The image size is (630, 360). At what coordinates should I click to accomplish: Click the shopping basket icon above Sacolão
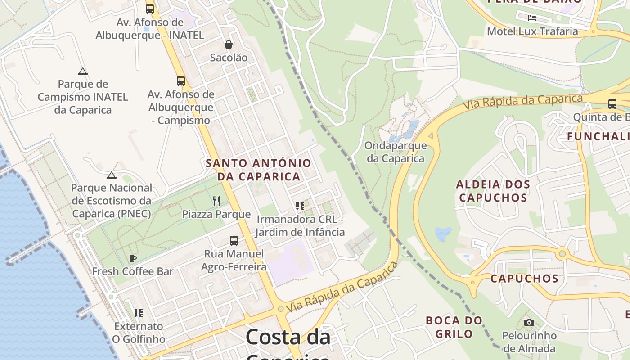pyautogui.click(x=229, y=45)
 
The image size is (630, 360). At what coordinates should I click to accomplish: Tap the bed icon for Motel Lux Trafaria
pyautogui.click(x=532, y=18)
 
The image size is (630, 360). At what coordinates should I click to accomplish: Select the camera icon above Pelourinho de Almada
pyautogui.click(x=529, y=322)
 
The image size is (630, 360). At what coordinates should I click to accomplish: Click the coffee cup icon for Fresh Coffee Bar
pyautogui.click(x=132, y=258)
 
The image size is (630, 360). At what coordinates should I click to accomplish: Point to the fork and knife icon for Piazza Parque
pyautogui.click(x=216, y=201)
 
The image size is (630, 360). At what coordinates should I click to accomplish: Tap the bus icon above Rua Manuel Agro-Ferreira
pyautogui.click(x=234, y=241)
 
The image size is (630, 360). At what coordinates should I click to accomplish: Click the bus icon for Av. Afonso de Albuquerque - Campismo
pyautogui.click(x=180, y=81)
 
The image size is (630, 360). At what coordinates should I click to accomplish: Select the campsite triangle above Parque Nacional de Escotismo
pyautogui.click(x=112, y=175)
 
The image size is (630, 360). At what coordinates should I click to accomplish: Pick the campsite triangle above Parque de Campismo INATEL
pyautogui.click(x=82, y=71)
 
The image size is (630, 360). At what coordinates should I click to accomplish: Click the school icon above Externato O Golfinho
pyautogui.click(x=139, y=313)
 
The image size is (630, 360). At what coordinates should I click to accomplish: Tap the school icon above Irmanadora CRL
pyautogui.click(x=300, y=206)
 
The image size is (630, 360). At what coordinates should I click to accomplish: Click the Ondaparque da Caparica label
pyautogui.click(x=396, y=152)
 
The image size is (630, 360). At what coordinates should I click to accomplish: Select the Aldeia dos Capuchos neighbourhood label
pyautogui.click(x=493, y=191)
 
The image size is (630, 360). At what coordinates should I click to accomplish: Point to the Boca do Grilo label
pyautogui.click(x=454, y=327)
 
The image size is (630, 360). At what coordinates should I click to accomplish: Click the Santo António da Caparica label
pyautogui.click(x=258, y=170)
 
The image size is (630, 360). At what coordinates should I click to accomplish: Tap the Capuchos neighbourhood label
pyautogui.click(x=524, y=279)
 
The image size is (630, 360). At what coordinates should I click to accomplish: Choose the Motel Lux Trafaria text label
pyautogui.click(x=532, y=31)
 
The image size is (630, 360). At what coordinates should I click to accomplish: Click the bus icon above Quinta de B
pyautogui.click(x=612, y=104)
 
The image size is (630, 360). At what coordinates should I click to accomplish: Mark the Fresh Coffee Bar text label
pyautogui.click(x=133, y=271)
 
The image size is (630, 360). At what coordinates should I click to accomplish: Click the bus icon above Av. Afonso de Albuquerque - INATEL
pyautogui.click(x=150, y=9)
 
